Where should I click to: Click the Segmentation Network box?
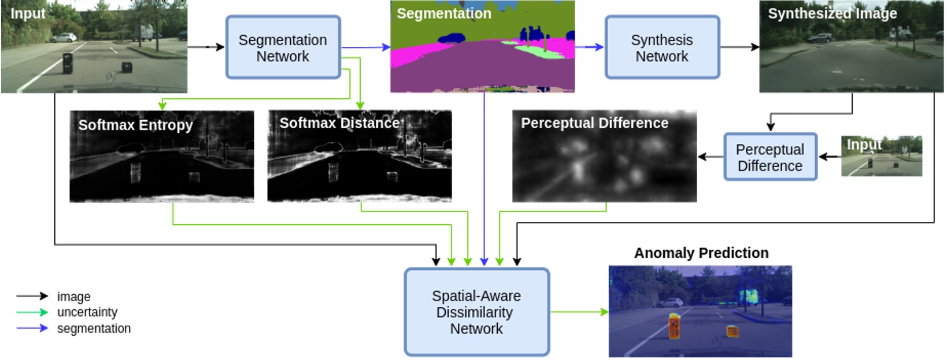coord(283,47)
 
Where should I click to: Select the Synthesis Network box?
coord(662,47)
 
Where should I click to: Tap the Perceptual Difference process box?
coord(770,157)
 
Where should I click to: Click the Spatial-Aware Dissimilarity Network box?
coord(476,312)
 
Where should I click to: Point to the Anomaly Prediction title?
coord(701,253)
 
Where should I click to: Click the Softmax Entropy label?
coord(135,125)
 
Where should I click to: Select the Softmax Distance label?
coord(339,123)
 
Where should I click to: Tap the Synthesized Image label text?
coord(832,13)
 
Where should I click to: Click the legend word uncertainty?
coord(87,312)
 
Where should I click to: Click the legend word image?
coord(73,296)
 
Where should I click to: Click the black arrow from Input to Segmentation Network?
coord(206,47)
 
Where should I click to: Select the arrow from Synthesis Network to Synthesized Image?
coord(739,47)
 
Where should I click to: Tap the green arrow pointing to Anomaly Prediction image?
coord(578,312)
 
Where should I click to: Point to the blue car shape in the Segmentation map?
coord(452,38)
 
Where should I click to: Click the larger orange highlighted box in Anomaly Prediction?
coord(674,326)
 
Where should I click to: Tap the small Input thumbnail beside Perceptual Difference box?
coord(881,156)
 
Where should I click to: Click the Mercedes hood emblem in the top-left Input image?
coord(110,77)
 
